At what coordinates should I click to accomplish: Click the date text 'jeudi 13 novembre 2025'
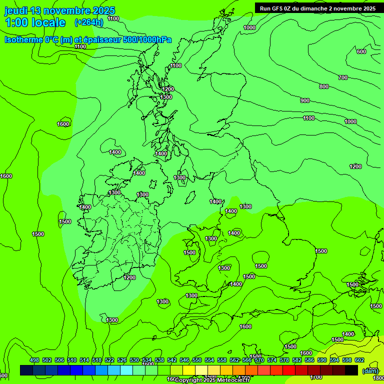click(x=59, y=10)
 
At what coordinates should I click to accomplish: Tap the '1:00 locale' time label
click(x=35, y=22)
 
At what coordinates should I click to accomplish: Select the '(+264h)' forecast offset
click(x=89, y=22)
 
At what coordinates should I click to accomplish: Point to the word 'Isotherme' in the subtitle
click(x=24, y=39)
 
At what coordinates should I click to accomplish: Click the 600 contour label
click(x=361, y=51)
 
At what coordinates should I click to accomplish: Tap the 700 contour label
click(x=342, y=77)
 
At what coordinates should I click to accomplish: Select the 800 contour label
click(x=323, y=86)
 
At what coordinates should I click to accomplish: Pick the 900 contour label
click(x=304, y=100)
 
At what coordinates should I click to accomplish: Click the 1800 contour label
click(x=378, y=378)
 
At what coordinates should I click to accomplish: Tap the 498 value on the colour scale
click(x=34, y=360)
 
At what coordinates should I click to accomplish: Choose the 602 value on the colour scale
click(x=359, y=360)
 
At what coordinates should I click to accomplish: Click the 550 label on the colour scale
click(x=197, y=360)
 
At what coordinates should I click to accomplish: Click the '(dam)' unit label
click(x=370, y=370)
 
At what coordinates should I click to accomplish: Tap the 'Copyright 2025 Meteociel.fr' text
click(x=212, y=380)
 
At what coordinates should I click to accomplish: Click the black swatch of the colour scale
click(x=351, y=370)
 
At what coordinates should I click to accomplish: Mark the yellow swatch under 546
click(x=189, y=370)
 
